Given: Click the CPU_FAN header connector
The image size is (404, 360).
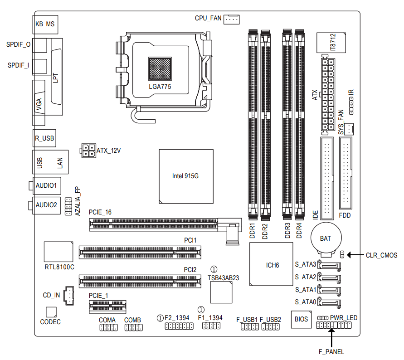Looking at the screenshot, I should click(x=232, y=19).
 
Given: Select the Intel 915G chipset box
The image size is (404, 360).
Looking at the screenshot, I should click(x=186, y=176).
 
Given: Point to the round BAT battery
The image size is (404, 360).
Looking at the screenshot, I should click(x=325, y=238).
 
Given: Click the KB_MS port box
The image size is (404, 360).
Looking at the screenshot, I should click(x=46, y=24).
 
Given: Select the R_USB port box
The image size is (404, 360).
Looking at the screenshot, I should click(x=45, y=138).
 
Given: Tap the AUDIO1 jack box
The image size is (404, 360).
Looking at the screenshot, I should click(x=46, y=185).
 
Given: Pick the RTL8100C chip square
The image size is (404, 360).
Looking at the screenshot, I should click(x=59, y=251).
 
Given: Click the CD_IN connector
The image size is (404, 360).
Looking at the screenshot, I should click(x=69, y=295).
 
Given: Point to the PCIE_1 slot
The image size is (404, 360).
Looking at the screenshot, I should click(x=108, y=306).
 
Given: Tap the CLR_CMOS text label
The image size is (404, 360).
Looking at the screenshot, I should click(x=381, y=255).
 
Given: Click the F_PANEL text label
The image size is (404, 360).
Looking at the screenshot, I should click(x=331, y=351).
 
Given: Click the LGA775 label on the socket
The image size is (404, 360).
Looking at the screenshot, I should click(x=160, y=86).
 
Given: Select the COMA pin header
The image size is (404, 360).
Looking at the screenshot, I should click(x=108, y=328).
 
